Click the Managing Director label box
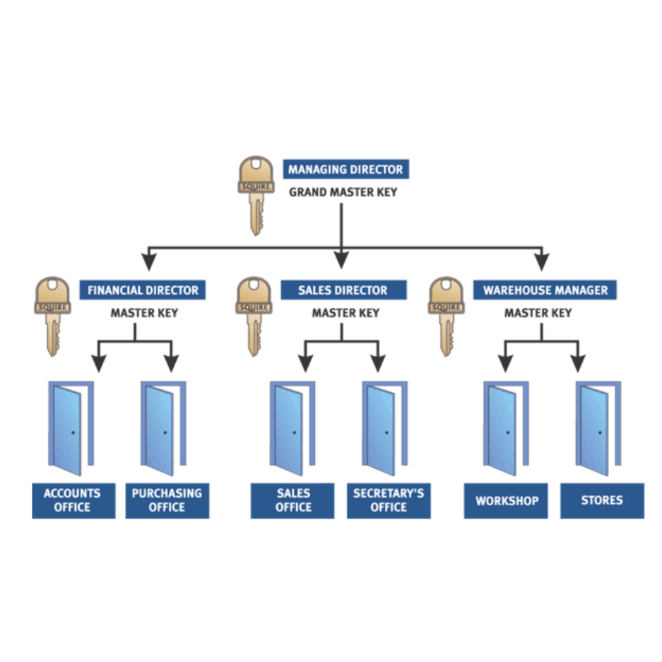[x=345, y=170]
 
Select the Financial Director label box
[x=143, y=290]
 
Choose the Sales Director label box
[x=343, y=290]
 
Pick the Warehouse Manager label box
[x=545, y=290]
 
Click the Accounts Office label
[x=73, y=500]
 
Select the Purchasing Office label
[x=167, y=500]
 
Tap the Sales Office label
[x=292, y=500]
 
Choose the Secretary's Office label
[x=388, y=500]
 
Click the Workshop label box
[x=506, y=501]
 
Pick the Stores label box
[x=602, y=501]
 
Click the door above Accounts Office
[x=69, y=428]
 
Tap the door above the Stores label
[x=597, y=428]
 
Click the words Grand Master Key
[x=343, y=192]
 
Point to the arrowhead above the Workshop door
[x=505, y=364]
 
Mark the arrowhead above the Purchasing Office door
[x=172, y=364]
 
